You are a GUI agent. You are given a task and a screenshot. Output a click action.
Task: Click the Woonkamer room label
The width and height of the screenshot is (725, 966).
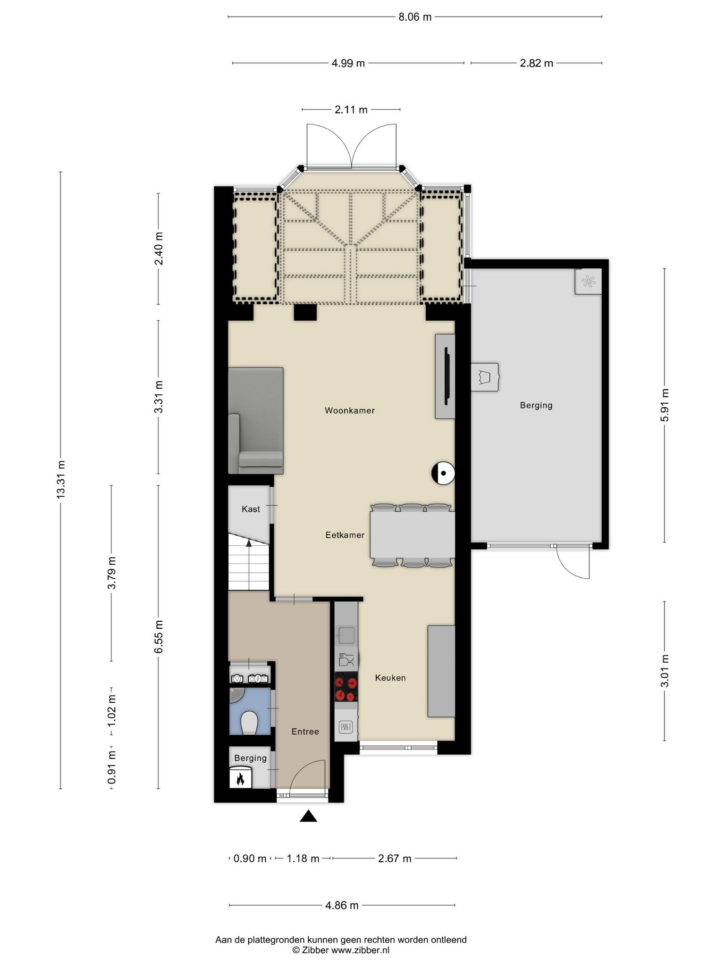coord(350,410)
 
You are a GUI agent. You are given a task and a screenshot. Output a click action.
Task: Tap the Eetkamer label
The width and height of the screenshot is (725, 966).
coord(345,535)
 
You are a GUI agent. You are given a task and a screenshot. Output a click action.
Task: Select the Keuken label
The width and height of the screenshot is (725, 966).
coord(390,677)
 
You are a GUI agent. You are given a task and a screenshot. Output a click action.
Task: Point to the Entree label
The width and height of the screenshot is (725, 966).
coord(305,731)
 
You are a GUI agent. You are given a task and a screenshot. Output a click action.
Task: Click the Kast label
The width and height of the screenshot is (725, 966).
coord(251,509)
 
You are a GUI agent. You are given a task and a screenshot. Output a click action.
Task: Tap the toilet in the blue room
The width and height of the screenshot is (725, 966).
coord(249,722)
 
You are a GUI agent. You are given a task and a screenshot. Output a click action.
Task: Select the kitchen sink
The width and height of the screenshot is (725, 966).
coord(346,635)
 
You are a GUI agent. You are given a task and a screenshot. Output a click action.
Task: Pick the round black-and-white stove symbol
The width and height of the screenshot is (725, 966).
coord(443,473)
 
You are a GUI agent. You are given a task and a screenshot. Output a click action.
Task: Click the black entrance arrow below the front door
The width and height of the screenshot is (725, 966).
coord(308,816)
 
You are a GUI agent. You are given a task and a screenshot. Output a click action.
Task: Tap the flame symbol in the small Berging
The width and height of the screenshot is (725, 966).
coord(240,778)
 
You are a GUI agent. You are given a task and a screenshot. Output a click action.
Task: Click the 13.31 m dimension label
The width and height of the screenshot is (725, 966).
coord(60,479)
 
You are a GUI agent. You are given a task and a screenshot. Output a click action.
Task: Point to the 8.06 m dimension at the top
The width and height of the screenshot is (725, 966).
coord(415,17)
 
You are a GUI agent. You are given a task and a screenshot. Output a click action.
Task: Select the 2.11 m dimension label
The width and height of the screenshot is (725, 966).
coord(351,109)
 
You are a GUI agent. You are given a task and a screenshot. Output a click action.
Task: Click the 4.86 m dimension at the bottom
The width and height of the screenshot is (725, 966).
coord(342,905)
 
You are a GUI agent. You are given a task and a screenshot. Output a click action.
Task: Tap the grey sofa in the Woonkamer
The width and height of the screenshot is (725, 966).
coord(256,421)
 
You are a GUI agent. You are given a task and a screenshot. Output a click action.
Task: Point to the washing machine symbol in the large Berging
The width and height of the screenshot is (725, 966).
coord(485,377)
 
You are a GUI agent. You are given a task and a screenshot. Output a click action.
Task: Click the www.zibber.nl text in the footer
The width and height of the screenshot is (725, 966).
coord(360,950)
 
